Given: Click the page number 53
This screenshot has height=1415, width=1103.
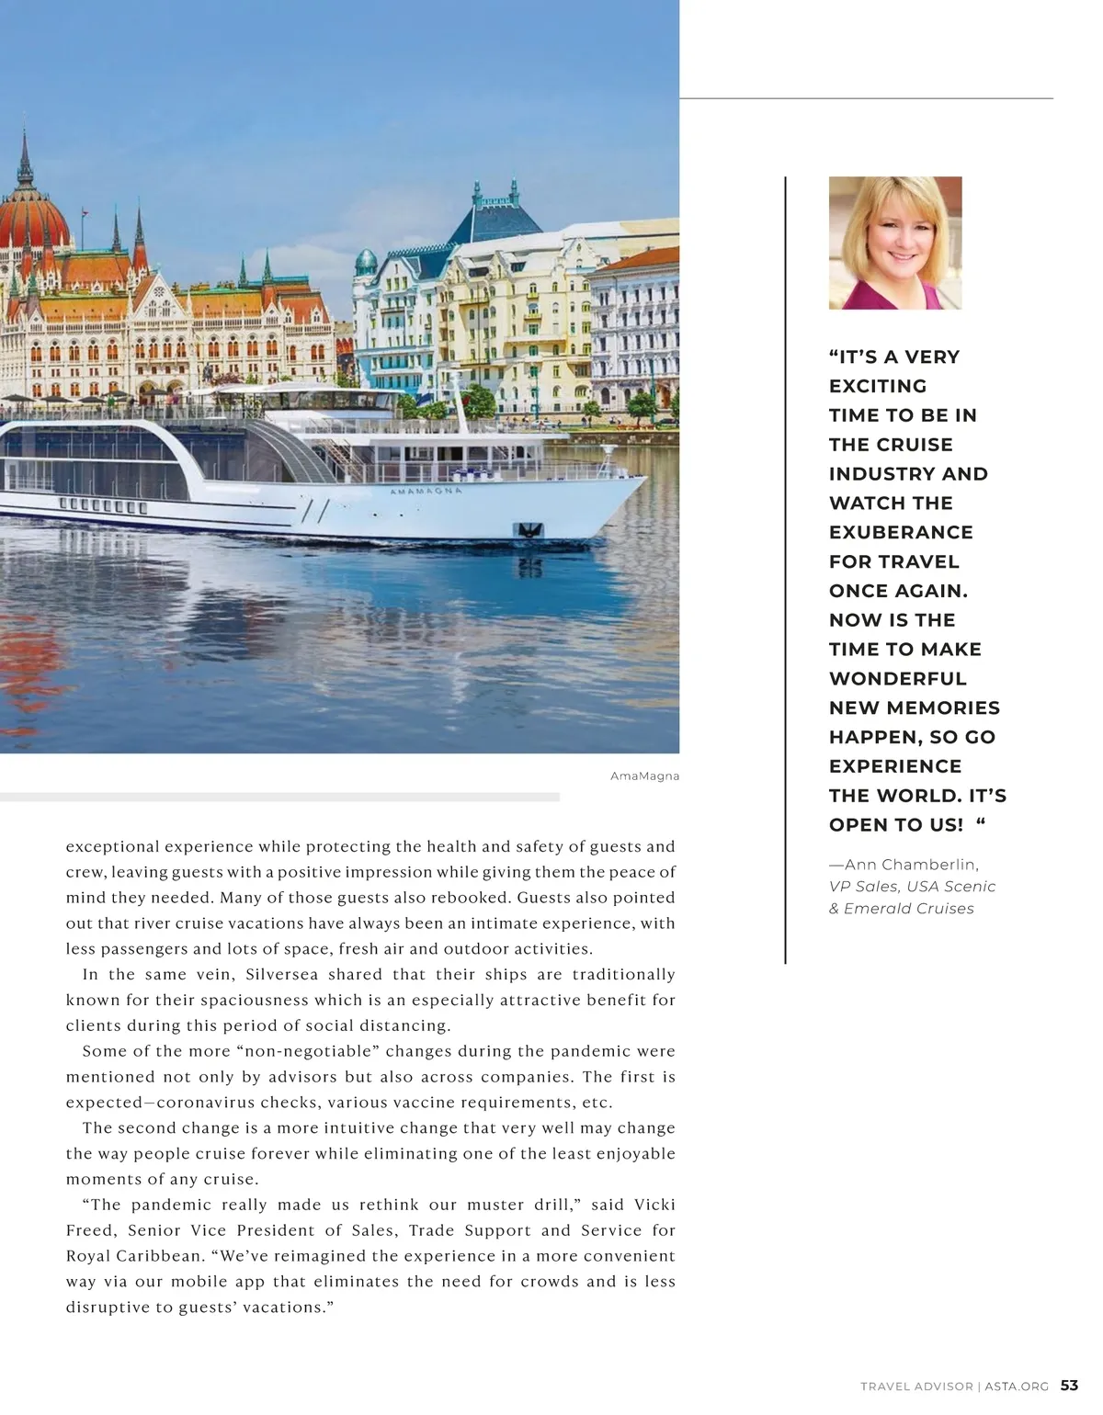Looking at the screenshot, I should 1069,1386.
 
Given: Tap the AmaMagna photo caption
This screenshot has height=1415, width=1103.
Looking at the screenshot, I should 644,775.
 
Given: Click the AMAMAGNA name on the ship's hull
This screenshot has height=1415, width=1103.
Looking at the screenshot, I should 426,492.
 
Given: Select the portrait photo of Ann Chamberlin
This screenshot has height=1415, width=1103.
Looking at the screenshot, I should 894,243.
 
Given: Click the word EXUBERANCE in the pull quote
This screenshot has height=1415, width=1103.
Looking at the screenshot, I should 901,532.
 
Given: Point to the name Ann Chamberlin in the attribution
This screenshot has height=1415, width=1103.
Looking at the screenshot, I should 911,865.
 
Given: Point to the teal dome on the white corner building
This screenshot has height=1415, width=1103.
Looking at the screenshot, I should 366,262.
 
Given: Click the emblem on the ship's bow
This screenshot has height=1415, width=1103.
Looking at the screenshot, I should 530,530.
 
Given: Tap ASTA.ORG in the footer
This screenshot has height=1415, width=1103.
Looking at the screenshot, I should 1017,1387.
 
